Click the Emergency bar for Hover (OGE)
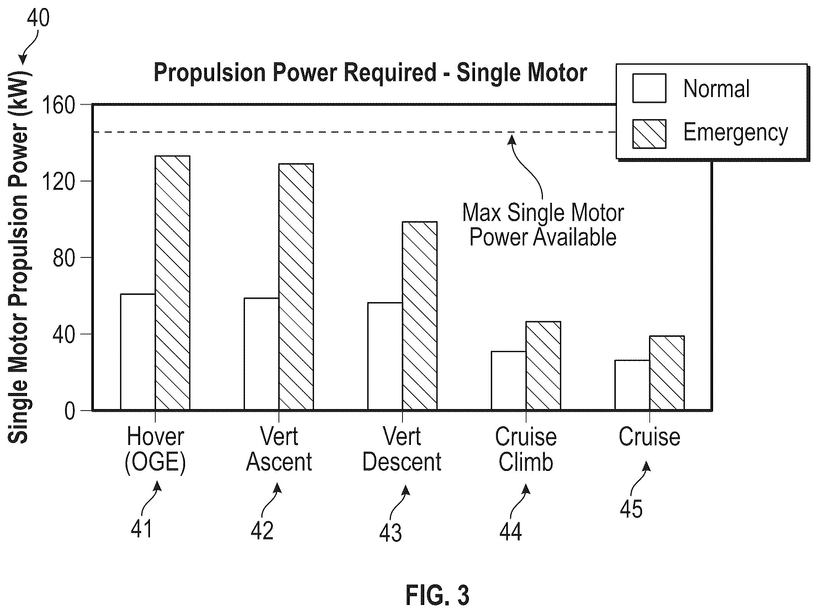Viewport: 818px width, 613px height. coord(172,283)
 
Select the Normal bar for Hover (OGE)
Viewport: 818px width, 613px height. coord(138,352)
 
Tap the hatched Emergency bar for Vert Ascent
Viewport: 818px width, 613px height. coord(296,287)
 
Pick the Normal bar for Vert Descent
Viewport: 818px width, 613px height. coord(385,356)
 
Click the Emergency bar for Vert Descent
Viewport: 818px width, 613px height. coord(420,316)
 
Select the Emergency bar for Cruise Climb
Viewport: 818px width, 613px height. coord(543,366)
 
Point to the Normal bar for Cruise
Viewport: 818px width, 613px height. coord(632,385)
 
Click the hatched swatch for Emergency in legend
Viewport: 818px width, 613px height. coord(649,134)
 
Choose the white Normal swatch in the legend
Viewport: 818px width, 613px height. coord(649,88)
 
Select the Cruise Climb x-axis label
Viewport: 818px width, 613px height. coord(526,450)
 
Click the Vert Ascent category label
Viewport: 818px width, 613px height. coord(279,450)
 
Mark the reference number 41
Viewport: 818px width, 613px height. coord(142,529)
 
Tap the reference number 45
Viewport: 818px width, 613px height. coord(631,508)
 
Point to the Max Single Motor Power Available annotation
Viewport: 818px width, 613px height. coord(543,225)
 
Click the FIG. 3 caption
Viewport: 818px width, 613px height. coord(437,595)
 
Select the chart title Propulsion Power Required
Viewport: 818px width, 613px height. coord(370,73)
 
